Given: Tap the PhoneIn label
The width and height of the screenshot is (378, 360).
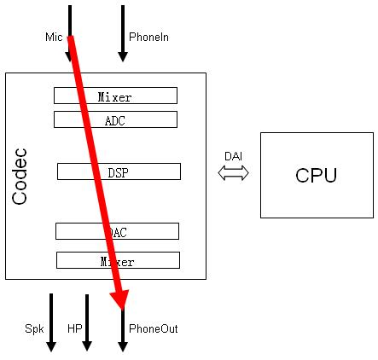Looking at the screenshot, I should click(148, 38).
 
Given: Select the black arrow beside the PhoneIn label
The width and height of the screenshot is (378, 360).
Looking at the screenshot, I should click(123, 34).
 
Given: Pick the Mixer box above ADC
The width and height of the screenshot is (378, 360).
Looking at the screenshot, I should click(115, 96).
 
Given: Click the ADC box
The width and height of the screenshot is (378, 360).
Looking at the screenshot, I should click(115, 119).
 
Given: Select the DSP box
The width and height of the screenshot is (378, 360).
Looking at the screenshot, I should click(119, 171).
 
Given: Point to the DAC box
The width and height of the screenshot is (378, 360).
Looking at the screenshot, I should click(117, 231).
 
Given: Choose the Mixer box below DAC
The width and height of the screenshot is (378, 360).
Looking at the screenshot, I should click(118, 260).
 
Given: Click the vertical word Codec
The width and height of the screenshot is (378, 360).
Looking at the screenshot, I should click(21, 177).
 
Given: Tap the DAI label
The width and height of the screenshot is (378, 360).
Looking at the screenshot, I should click(233, 156).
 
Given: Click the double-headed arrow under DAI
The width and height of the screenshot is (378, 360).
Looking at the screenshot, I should click(233, 173).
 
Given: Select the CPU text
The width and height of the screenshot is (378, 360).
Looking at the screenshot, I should click(316, 176).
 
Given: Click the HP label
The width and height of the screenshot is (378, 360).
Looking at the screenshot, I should click(74, 328).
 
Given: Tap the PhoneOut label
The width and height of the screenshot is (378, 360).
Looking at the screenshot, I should click(153, 328).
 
